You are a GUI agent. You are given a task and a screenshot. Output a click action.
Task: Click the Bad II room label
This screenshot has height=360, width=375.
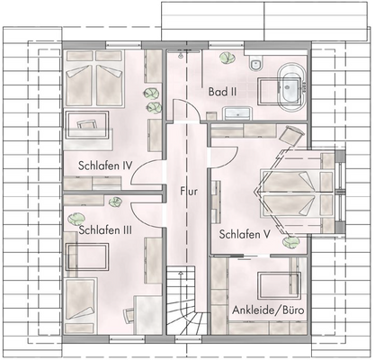pos(222,92)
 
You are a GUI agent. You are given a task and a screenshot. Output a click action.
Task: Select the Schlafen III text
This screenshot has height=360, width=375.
pos(106,229)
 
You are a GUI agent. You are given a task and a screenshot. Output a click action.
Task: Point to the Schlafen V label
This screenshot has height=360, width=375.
pos(245,234)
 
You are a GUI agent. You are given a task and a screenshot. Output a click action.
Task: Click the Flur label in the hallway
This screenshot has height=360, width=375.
pos(188,191)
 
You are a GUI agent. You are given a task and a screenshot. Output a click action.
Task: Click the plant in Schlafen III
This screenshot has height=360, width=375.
pos(79,218)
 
